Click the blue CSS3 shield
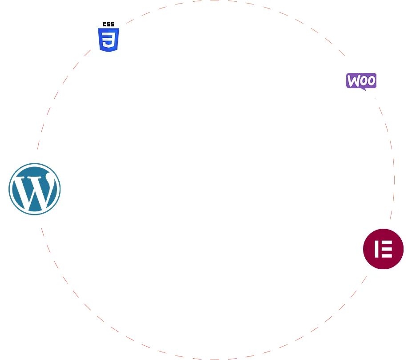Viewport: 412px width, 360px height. [109, 40]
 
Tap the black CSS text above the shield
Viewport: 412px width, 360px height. [108, 24]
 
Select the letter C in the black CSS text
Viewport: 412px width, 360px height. [105, 24]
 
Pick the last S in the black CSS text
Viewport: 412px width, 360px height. [112, 24]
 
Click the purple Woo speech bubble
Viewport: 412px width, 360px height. [361, 81]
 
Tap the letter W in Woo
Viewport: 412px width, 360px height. [353, 81]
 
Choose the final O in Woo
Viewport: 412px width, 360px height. [372, 81]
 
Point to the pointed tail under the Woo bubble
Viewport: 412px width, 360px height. [363, 89]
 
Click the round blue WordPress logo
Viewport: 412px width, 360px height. [35, 189]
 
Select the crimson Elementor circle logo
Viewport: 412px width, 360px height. [383, 249]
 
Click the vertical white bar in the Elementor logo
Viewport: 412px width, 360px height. [376, 249]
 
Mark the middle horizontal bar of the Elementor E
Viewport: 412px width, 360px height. [386, 249]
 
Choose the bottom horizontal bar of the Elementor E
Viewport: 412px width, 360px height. [386, 256]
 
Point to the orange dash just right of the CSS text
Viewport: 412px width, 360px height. [131, 20]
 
